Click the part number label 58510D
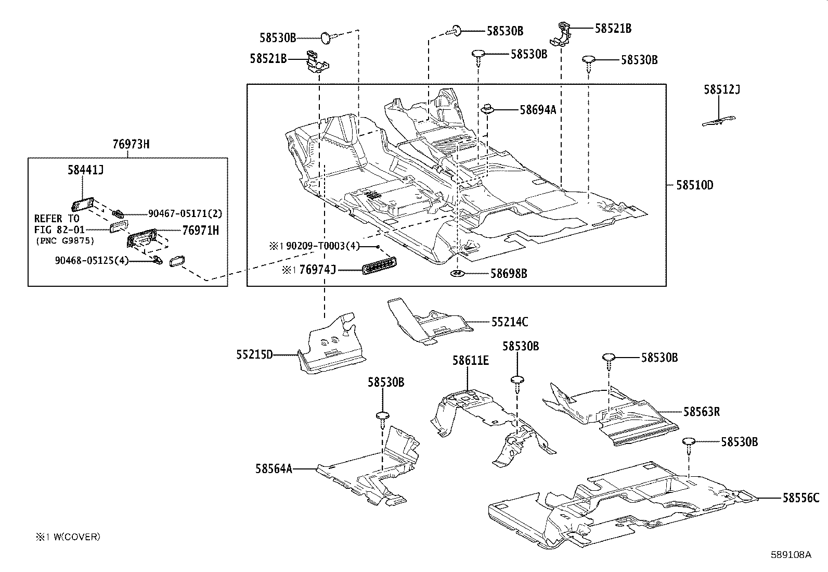pyautogui.click(x=694, y=185)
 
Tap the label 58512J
pyautogui.click(x=722, y=90)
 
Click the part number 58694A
pyautogui.click(x=538, y=110)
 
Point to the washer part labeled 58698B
pyautogui.click(x=457, y=273)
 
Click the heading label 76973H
pyautogui.click(x=131, y=144)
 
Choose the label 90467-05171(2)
pyautogui.click(x=185, y=213)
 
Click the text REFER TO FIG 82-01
pyautogui.click(x=57, y=224)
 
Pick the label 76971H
pyautogui.click(x=200, y=230)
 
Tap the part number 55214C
pyautogui.click(x=510, y=322)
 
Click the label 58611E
pyautogui.click(x=470, y=360)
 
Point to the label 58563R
pyautogui.click(x=702, y=412)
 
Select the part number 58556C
pyautogui.click(x=801, y=498)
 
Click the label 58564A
pyautogui.click(x=274, y=469)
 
